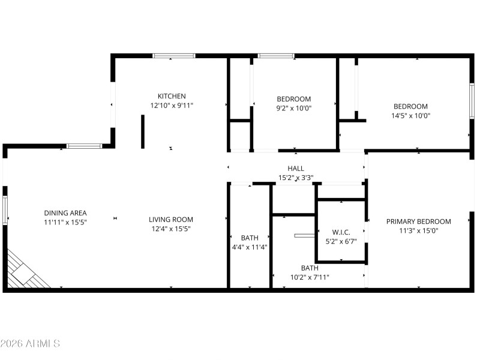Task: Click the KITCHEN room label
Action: (x=172, y=96)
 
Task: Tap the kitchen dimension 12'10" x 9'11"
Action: (x=172, y=106)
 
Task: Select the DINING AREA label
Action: (x=65, y=213)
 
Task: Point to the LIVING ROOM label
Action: (x=171, y=220)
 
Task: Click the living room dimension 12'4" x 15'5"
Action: (x=171, y=229)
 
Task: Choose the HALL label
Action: (x=296, y=169)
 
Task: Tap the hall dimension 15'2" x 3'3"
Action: (x=296, y=178)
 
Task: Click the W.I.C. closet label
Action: (x=341, y=232)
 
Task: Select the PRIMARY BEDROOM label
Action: (x=418, y=221)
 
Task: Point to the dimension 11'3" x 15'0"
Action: (x=418, y=230)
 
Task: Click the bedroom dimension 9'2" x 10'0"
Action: (x=294, y=108)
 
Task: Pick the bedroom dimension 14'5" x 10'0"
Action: (x=411, y=116)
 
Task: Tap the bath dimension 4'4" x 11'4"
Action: (x=250, y=247)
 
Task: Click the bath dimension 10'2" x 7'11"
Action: (x=310, y=277)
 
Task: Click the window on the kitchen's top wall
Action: (x=174, y=56)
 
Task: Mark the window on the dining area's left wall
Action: (x=5, y=210)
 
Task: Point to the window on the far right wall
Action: (x=472, y=100)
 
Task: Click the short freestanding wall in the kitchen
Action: (x=143, y=131)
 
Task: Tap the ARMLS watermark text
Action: (x=30, y=343)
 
